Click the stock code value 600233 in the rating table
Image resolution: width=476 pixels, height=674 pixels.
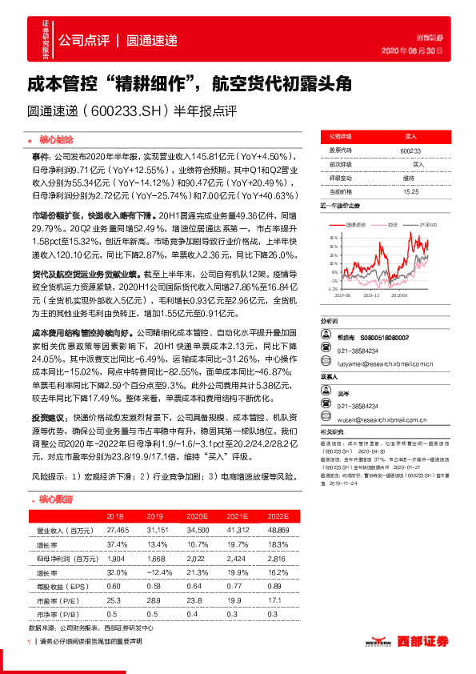410,150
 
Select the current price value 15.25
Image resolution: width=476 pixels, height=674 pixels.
410,192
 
